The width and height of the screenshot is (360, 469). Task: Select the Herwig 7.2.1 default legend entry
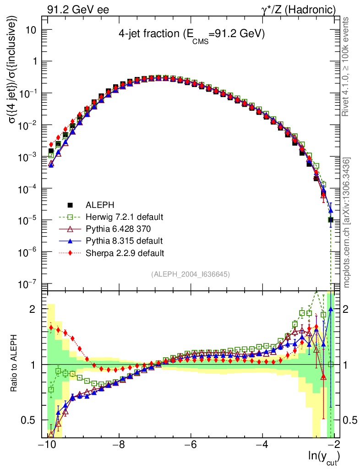124,216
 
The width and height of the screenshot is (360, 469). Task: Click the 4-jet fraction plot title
191,34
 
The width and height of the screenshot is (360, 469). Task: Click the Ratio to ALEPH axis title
16,364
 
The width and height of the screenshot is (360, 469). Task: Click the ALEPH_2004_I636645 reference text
190,274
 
